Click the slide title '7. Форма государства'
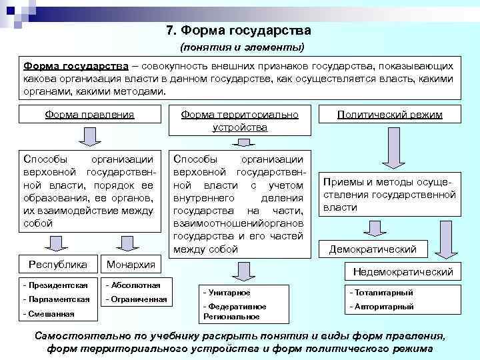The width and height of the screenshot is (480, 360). (x=239, y=31)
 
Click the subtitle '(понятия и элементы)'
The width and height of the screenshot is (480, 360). (x=242, y=47)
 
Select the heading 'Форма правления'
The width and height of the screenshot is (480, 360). (x=89, y=115)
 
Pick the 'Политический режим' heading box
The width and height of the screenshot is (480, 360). (x=390, y=115)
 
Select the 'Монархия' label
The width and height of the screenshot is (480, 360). (x=130, y=264)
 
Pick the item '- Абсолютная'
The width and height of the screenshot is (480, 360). (x=133, y=285)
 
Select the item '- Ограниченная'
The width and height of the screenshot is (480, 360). (x=136, y=299)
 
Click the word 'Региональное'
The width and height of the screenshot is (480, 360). (x=225, y=316)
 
